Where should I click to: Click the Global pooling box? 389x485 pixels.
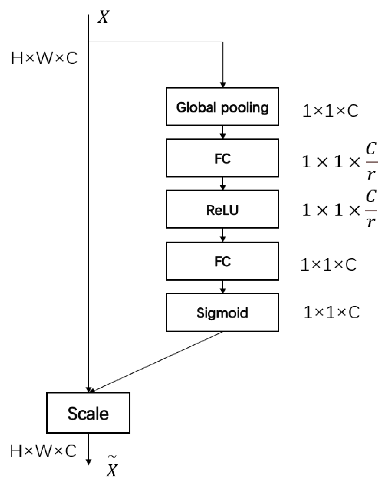coord(222,107)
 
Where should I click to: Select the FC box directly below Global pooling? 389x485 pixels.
coord(222,158)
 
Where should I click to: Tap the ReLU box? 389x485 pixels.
coord(222,209)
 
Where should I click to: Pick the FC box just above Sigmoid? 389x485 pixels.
coord(222,261)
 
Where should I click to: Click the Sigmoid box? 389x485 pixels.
coord(222,312)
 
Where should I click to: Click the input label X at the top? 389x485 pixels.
coord(103,17)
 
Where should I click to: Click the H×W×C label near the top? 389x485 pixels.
coord(44,58)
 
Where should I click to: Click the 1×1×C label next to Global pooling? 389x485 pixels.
coord(330,111)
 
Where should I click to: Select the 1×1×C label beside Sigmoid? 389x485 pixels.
coord(331,312)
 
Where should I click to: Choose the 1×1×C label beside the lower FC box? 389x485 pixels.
coord(328,265)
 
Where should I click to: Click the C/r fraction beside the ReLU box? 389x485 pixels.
coord(371,209)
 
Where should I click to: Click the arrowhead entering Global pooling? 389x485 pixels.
coord(223,84)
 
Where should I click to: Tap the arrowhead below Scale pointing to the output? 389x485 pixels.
coord(89,462)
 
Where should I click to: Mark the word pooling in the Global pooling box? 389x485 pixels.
coord(245,108)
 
